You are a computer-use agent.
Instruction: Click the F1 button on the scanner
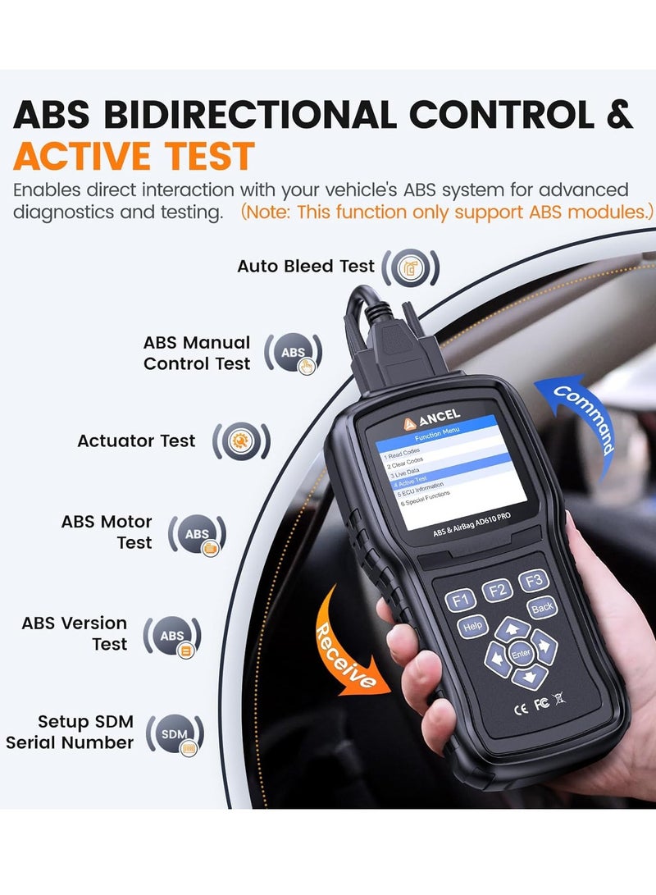coord(460,600)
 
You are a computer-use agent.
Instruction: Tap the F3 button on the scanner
coord(534,580)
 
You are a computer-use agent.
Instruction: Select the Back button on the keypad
coord(542,608)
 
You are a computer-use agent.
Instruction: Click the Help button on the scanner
coord(471,628)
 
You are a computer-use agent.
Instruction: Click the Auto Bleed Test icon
coord(410,267)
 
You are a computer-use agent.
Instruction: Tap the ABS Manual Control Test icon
coord(293,353)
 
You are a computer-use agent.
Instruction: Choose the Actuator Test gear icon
coord(241,441)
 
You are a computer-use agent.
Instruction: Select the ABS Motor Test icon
coord(197,535)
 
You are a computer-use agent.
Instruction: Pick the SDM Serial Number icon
coord(175,733)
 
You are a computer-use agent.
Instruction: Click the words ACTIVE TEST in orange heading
coord(134,156)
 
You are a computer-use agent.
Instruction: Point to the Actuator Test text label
coord(136,441)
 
